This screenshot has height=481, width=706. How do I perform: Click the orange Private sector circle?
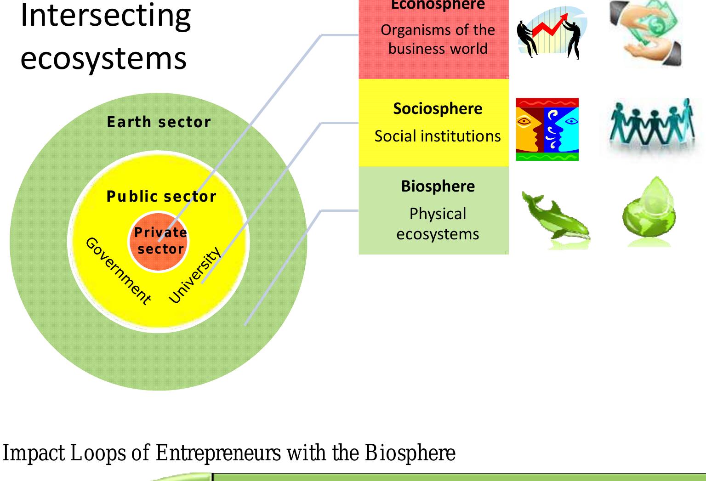pos(159,242)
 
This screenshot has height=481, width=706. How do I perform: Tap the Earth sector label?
pos(159,122)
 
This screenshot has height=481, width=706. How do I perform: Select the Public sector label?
pos(161,197)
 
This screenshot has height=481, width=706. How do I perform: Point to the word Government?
pos(118,271)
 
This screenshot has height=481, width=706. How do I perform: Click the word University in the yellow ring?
pos(195,275)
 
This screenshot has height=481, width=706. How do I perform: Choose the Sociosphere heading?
pos(438,109)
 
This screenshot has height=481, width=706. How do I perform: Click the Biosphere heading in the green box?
pos(438,186)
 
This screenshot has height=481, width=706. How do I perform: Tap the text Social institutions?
pos(438,136)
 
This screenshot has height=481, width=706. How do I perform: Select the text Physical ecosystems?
pos(438,224)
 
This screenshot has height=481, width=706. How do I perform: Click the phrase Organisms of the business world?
pos(438,40)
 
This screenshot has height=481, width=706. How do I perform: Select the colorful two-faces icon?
pos(547,130)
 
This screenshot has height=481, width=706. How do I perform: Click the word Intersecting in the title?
pos(106,17)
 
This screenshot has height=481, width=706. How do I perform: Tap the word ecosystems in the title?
pos(103,59)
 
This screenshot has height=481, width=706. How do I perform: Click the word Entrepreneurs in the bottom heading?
pos(218,453)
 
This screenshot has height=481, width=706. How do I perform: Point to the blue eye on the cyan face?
pos(571,121)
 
